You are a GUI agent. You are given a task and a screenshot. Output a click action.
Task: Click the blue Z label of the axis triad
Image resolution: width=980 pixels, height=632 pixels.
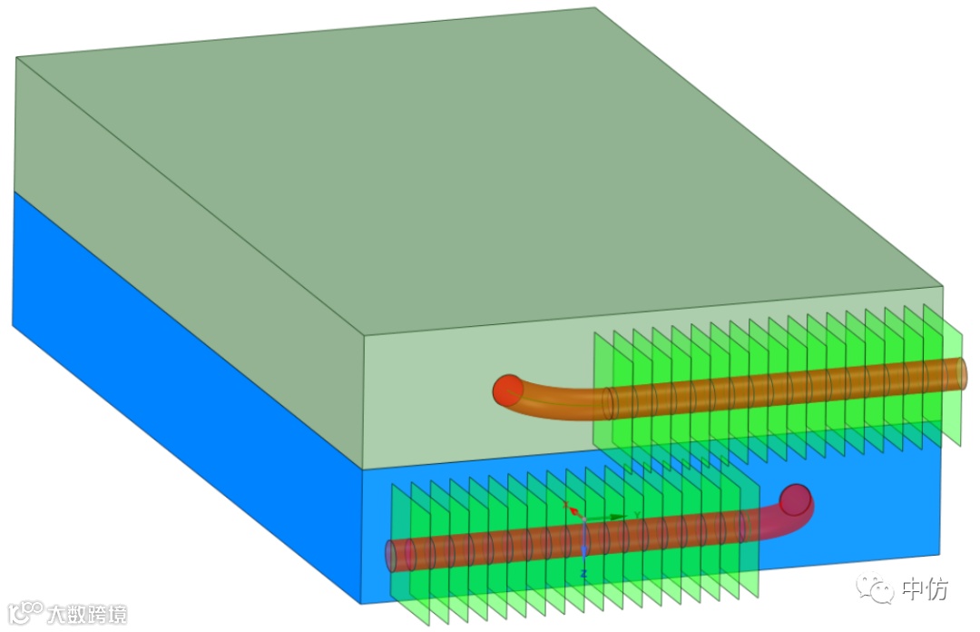click(583, 575)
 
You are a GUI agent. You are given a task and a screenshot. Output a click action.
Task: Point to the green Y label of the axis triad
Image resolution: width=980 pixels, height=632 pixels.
click(638, 515)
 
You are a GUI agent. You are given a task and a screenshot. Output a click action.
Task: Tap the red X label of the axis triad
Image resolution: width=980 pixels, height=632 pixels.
click(565, 504)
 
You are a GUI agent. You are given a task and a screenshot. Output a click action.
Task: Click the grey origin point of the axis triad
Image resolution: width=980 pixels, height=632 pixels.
click(583, 519)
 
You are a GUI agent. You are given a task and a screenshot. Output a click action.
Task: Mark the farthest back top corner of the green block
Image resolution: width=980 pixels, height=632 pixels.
click(595, 8)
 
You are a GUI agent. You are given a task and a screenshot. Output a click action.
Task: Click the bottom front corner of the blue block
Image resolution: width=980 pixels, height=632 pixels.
click(362, 602)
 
